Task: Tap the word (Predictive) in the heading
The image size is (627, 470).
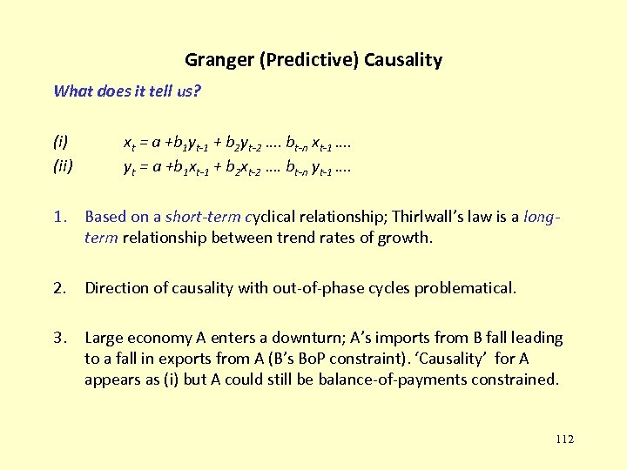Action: coord(305,60)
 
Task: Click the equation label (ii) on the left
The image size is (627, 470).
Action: coord(63,162)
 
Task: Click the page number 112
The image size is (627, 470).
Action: coord(564,440)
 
